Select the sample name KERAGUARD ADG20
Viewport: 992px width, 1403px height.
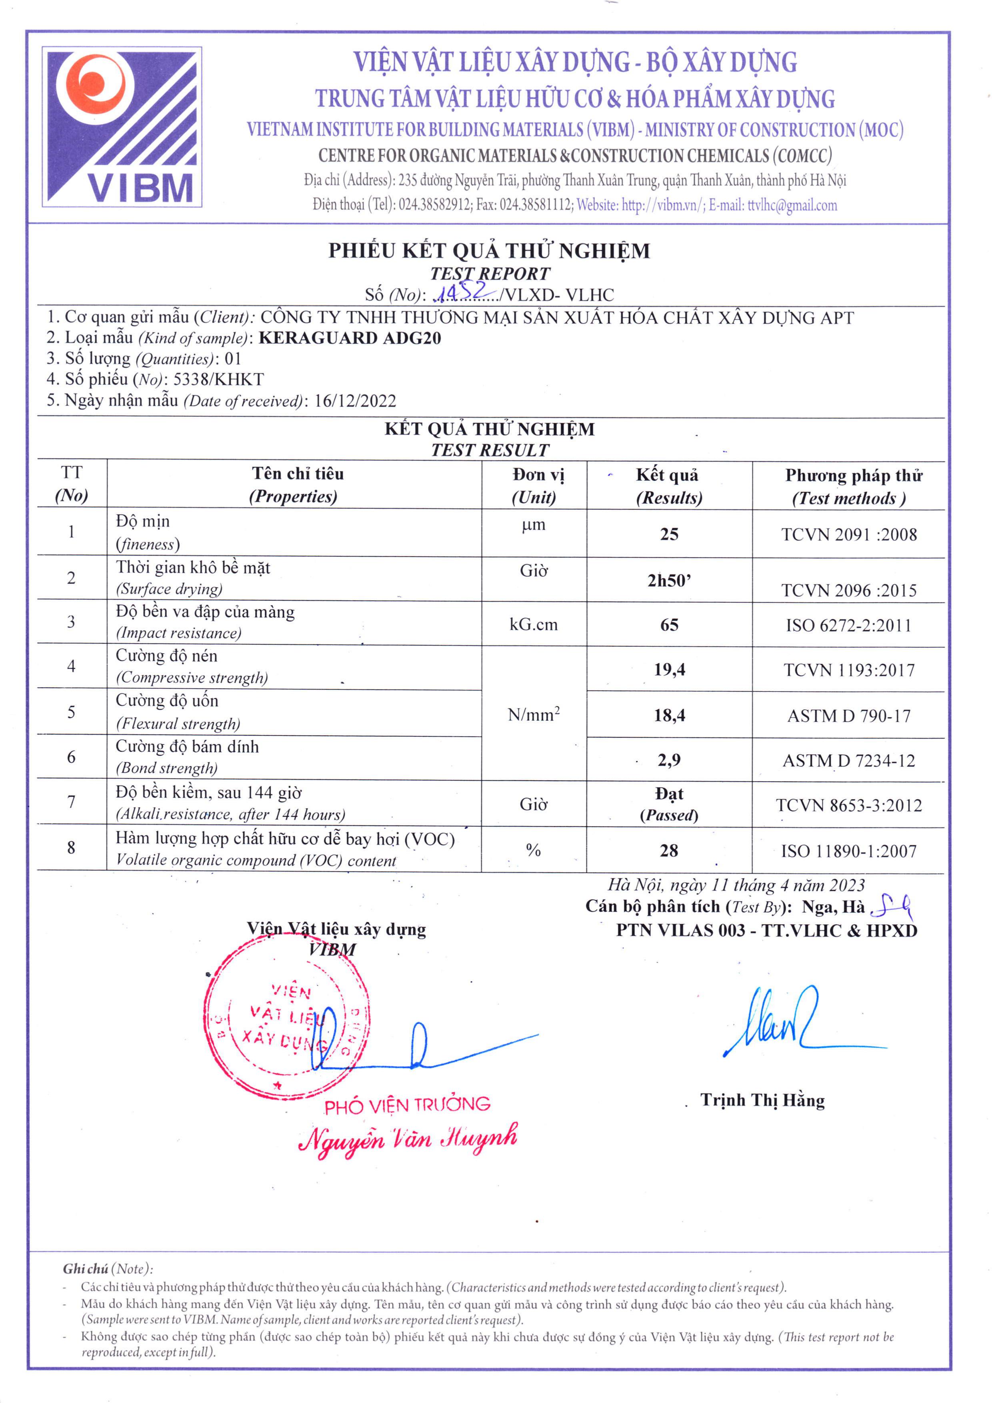(350, 338)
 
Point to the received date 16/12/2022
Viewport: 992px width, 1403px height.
(355, 401)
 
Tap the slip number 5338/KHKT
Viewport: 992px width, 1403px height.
(219, 380)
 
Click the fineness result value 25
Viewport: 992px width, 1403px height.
(669, 534)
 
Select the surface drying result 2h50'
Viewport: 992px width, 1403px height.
(669, 580)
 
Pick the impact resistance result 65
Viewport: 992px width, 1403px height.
(669, 624)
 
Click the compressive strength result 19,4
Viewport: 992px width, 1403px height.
(669, 670)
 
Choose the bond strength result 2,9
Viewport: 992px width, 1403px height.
(669, 760)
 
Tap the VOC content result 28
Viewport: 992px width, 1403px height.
(669, 851)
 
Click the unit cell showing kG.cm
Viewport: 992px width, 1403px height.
(534, 624)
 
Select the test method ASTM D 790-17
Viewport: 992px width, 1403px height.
(848, 715)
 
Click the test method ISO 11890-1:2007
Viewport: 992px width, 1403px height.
(848, 851)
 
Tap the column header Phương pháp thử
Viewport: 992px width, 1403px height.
(853, 476)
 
